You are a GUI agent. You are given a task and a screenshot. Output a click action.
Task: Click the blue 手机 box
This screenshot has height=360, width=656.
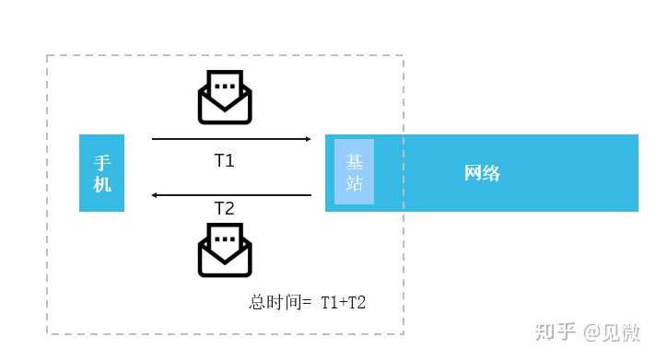pos(101,173)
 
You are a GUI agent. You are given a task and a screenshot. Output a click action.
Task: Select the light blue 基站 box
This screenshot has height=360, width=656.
pos(355,172)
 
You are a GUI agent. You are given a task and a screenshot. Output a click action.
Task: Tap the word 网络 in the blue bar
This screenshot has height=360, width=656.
pos(482,173)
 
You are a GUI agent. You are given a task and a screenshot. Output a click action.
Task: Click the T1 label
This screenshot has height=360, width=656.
pos(225,160)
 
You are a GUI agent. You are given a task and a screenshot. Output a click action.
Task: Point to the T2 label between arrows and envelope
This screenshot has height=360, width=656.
pos(225,208)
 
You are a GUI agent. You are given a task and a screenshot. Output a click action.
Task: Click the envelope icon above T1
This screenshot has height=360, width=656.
pos(225,98)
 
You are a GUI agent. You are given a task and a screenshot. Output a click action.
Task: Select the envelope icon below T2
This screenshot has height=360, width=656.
pos(225,250)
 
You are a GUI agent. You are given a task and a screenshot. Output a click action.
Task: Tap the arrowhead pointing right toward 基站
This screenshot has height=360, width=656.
pos(308,139)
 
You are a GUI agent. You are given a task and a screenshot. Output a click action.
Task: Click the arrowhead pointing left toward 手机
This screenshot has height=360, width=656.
pos(156,195)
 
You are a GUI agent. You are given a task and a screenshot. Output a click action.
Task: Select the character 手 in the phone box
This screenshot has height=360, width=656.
pos(101,162)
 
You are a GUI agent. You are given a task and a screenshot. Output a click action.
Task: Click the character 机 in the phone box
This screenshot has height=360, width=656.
pos(101,184)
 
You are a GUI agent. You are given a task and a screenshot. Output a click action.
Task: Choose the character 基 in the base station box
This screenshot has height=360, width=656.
pos(355,161)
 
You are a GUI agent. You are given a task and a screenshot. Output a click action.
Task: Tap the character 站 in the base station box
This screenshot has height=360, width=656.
pos(355,183)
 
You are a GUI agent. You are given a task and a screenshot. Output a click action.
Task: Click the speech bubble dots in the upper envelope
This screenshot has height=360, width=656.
pos(225,87)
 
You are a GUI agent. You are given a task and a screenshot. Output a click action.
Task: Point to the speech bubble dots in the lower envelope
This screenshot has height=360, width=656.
pos(225,239)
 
